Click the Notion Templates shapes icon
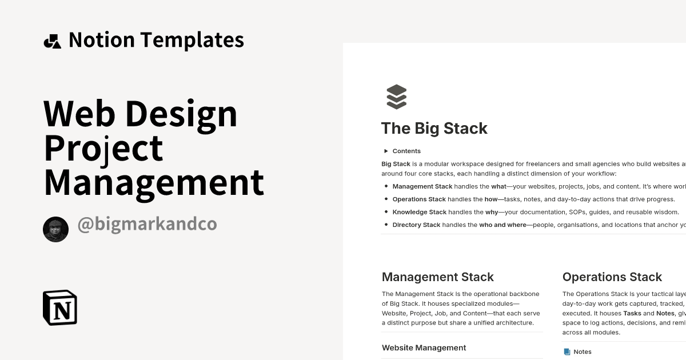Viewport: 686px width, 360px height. [53, 41]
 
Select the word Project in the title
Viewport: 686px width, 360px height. [103, 148]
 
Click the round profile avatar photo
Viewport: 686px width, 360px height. [55, 230]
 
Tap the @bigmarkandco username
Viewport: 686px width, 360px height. [147, 224]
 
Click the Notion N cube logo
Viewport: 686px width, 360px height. [60, 307]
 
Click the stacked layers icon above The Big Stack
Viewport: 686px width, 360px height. [396, 97]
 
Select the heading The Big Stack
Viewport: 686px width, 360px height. [434, 128]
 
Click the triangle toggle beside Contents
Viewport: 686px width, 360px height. [386, 151]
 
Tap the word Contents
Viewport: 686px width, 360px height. [406, 151]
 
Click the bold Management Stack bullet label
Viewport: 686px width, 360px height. [422, 186]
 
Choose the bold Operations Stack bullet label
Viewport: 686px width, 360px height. [418, 199]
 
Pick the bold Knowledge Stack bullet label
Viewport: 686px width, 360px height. [419, 212]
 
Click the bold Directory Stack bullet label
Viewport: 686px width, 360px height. [416, 225]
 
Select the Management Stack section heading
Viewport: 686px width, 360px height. [437, 277]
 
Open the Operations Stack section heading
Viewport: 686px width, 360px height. [612, 277]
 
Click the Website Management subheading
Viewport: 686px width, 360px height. [424, 347]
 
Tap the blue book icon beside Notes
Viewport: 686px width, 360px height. [567, 352]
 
